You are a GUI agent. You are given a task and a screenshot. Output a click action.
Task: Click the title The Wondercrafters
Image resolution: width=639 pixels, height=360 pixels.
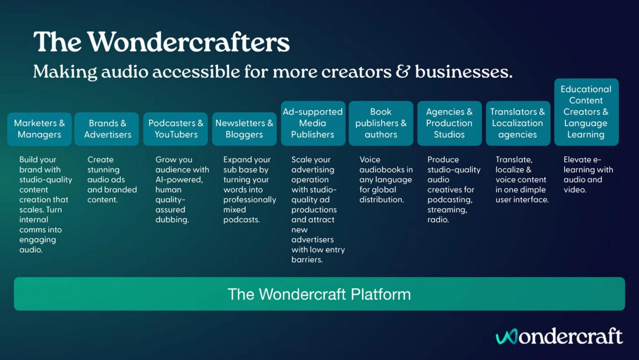(161, 42)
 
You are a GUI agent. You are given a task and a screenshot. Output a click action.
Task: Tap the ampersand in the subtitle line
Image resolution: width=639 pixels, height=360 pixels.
(403, 72)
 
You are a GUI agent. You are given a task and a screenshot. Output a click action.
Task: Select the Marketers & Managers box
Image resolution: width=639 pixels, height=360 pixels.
(40, 129)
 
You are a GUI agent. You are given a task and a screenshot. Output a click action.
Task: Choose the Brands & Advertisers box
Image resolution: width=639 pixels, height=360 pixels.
(106, 129)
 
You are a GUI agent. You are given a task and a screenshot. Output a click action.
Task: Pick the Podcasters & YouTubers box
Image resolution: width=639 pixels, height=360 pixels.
(176, 129)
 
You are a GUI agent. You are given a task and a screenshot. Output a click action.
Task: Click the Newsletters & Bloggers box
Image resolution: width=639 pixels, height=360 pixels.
(244, 129)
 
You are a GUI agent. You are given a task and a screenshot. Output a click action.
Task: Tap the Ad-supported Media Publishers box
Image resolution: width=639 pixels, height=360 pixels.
(313, 123)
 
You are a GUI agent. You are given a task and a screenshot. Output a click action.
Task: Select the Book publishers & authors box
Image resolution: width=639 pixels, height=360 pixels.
(381, 123)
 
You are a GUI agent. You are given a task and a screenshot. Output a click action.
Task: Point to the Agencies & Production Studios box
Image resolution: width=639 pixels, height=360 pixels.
(450, 123)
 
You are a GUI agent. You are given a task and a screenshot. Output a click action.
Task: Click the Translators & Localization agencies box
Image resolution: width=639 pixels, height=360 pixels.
(518, 123)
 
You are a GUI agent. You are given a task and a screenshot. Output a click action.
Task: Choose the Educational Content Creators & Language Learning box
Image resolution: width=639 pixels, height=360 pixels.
(587, 112)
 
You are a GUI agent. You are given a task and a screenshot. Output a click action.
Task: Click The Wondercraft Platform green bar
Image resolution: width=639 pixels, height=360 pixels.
(319, 294)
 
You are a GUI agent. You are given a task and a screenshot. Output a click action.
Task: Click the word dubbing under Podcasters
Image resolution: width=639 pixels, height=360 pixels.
(172, 220)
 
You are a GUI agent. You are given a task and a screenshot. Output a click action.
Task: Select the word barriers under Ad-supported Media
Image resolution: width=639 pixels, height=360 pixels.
(307, 260)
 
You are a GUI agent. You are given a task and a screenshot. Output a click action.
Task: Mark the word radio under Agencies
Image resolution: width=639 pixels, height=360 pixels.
(438, 220)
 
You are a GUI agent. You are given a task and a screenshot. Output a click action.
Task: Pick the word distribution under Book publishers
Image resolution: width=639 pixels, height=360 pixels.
(382, 200)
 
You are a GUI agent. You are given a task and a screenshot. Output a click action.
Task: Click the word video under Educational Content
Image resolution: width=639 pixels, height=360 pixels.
(575, 190)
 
